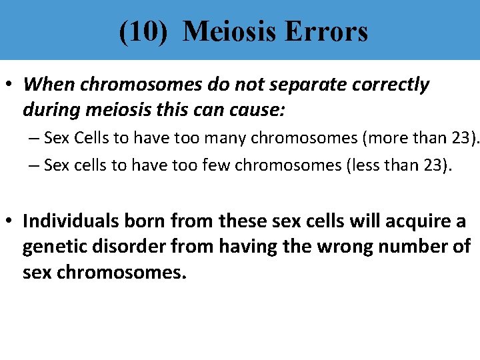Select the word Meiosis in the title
point(225,31)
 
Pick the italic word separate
point(310,85)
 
